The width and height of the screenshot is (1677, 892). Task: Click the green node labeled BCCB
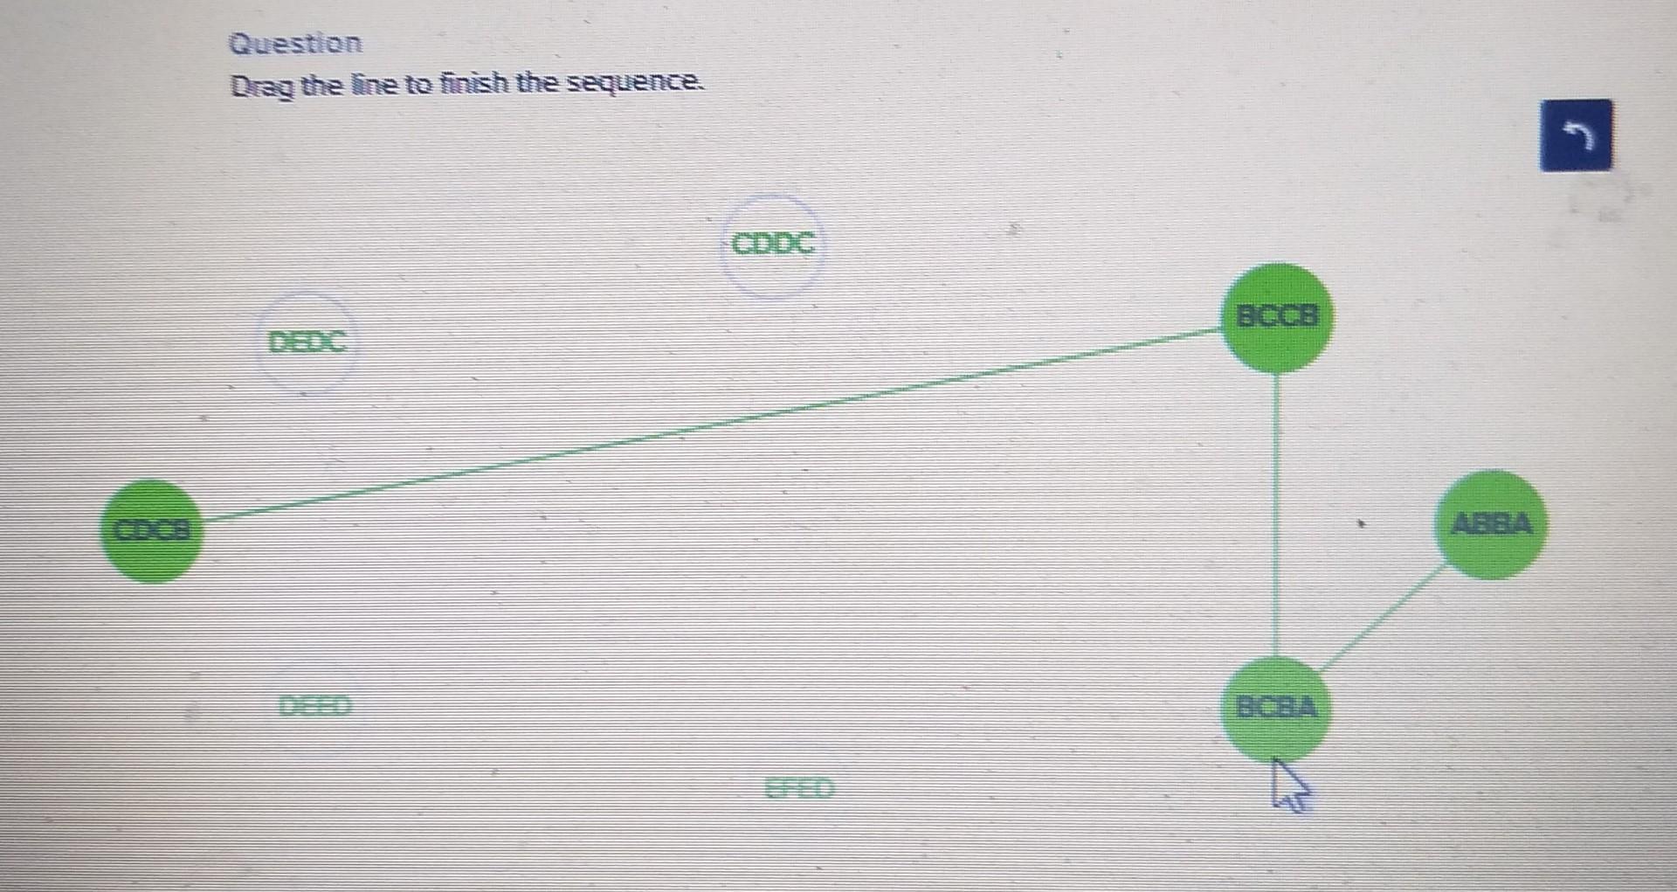pyautogui.click(x=1277, y=317)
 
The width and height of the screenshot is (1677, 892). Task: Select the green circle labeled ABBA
pyautogui.click(x=1490, y=524)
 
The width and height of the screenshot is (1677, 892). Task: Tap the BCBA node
pyautogui.click(x=1276, y=707)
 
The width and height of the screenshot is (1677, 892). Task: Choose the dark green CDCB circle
pyautogui.click(x=151, y=530)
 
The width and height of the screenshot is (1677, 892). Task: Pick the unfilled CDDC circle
pyautogui.click(x=772, y=244)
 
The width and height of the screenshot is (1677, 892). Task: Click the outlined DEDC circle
pyautogui.click(x=307, y=342)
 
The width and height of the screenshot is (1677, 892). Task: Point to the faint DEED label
pyautogui.click(x=314, y=705)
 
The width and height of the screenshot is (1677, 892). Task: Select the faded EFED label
pyautogui.click(x=799, y=789)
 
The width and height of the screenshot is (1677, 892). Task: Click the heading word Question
pyautogui.click(x=294, y=43)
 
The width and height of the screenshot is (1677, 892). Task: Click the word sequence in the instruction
pyautogui.click(x=635, y=83)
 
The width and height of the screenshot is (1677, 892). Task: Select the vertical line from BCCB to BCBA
pyautogui.click(x=1277, y=515)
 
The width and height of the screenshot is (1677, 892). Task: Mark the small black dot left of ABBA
pyautogui.click(x=1359, y=525)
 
